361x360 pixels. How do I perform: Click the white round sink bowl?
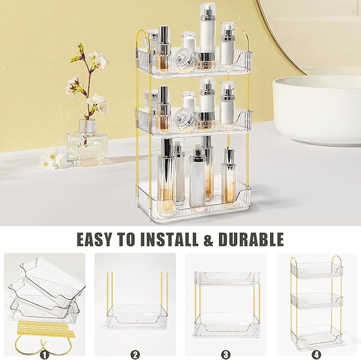click(316, 109)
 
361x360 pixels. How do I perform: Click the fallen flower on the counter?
click(51, 159)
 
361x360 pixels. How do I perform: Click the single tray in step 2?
click(136, 315)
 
